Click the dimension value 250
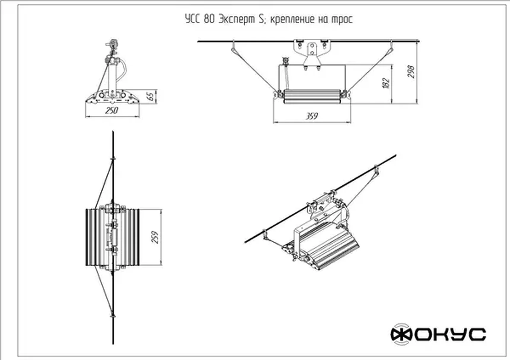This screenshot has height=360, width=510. [112, 111]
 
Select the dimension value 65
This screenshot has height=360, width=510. [151, 97]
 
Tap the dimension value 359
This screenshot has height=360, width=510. [312, 116]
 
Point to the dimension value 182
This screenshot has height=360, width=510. [386, 83]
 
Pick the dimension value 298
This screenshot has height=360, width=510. [411, 71]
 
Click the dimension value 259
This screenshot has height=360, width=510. [155, 237]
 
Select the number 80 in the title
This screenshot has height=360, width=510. [209, 20]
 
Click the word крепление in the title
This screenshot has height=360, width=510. [292, 20]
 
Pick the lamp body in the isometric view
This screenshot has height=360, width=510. [329, 246]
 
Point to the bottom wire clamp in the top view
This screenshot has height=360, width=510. [113, 316]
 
